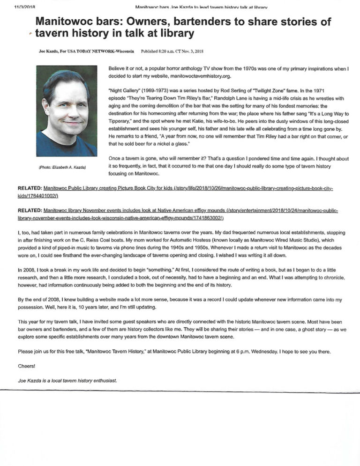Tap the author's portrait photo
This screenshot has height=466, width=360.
point(67,111)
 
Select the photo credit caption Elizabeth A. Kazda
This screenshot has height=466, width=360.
point(66,167)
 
